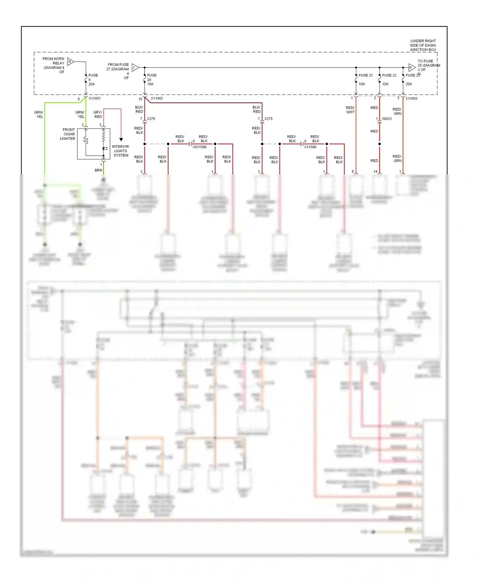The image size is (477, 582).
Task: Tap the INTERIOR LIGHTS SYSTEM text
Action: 121,151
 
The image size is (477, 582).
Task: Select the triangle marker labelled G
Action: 70,61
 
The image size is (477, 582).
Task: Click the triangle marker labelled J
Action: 135,67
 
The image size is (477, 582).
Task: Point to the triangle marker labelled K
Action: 411,67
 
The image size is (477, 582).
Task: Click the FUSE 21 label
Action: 365,75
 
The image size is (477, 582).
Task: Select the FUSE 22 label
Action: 389,75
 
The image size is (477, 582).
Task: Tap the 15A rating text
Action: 385,84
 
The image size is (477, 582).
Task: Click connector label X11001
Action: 94,98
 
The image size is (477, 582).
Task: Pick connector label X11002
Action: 157,98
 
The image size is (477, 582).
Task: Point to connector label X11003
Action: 411,98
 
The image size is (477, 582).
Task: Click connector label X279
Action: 151,119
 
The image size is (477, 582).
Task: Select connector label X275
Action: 268,119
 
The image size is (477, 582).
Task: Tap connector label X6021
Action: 387,119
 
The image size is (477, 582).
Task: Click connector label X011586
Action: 199,147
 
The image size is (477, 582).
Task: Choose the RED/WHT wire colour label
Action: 350,110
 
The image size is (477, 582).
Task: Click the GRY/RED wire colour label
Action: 98,114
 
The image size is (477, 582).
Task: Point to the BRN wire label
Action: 98,170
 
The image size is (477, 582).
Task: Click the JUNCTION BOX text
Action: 423,50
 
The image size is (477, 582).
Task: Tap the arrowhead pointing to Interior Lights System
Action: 121,139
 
